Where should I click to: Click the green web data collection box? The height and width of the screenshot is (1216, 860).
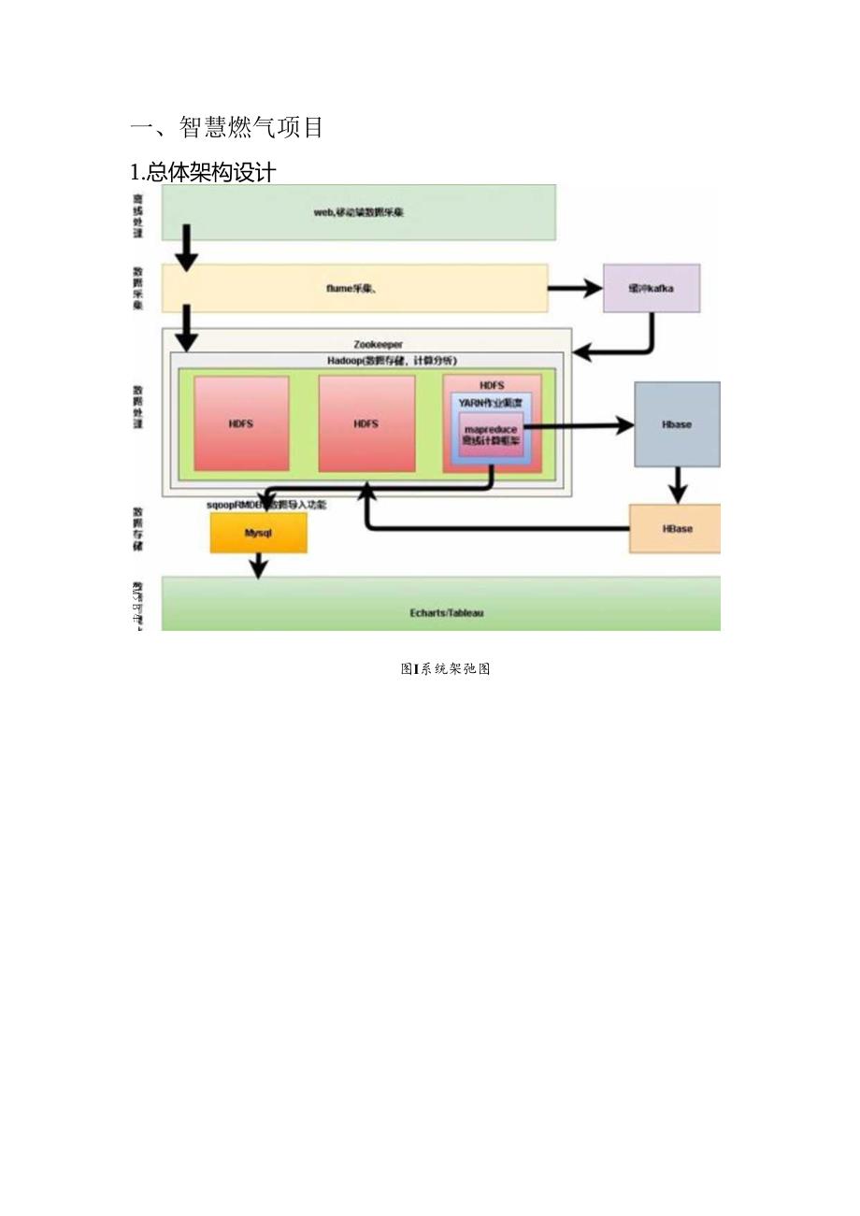pyautogui.click(x=359, y=212)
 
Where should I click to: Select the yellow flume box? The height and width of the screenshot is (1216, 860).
pyautogui.click(x=354, y=288)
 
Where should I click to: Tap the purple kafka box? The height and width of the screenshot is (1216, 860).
pyautogui.click(x=652, y=288)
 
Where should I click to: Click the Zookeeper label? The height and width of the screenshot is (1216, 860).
pyautogui.click(x=379, y=345)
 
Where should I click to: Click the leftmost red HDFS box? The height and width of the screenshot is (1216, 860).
pyautogui.click(x=241, y=423)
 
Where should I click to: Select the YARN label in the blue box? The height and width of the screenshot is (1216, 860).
pyautogui.click(x=491, y=402)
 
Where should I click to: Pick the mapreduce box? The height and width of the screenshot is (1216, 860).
pyautogui.click(x=491, y=435)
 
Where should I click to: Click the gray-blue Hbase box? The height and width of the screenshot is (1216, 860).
pyautogui.click(x=677, y=423)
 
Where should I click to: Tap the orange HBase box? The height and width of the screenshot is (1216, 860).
pyautogui.click(x=677, y=528)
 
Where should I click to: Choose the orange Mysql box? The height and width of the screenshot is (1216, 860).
pyautogui.click(x=258, y=533)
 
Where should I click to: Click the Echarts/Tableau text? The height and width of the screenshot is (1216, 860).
pyautogui.click(x=447, y=613)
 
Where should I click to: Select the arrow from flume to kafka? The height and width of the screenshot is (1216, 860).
pyautogui.click(x=575, y=288)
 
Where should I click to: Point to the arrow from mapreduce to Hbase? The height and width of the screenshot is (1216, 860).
pyautogui.click(x=580, y=425)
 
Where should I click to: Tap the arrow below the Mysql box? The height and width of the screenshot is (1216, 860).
pyautogui.click(x=258, y=565)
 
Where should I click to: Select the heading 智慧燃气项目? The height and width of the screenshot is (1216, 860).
pyautogui.click(x=226, y=127)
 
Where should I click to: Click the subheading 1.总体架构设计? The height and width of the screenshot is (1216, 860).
pyautogui.click(x=203, y=172)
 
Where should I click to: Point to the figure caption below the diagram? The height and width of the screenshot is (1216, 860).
pyautogui.click(x=446, y=668)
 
